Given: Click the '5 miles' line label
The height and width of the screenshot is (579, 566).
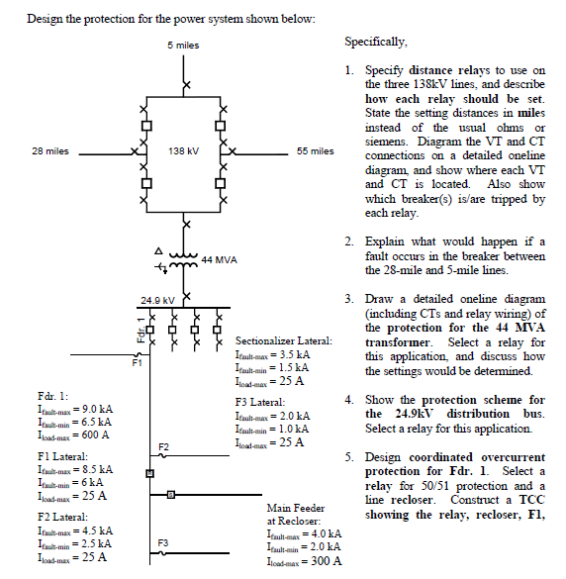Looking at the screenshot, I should (183, 46).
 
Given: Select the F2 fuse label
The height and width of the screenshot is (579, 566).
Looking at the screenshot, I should (161, 447).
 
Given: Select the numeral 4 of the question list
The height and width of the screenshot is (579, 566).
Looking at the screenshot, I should (348, 399).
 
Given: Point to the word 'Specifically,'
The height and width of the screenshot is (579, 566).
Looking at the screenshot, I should (375, 43).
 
